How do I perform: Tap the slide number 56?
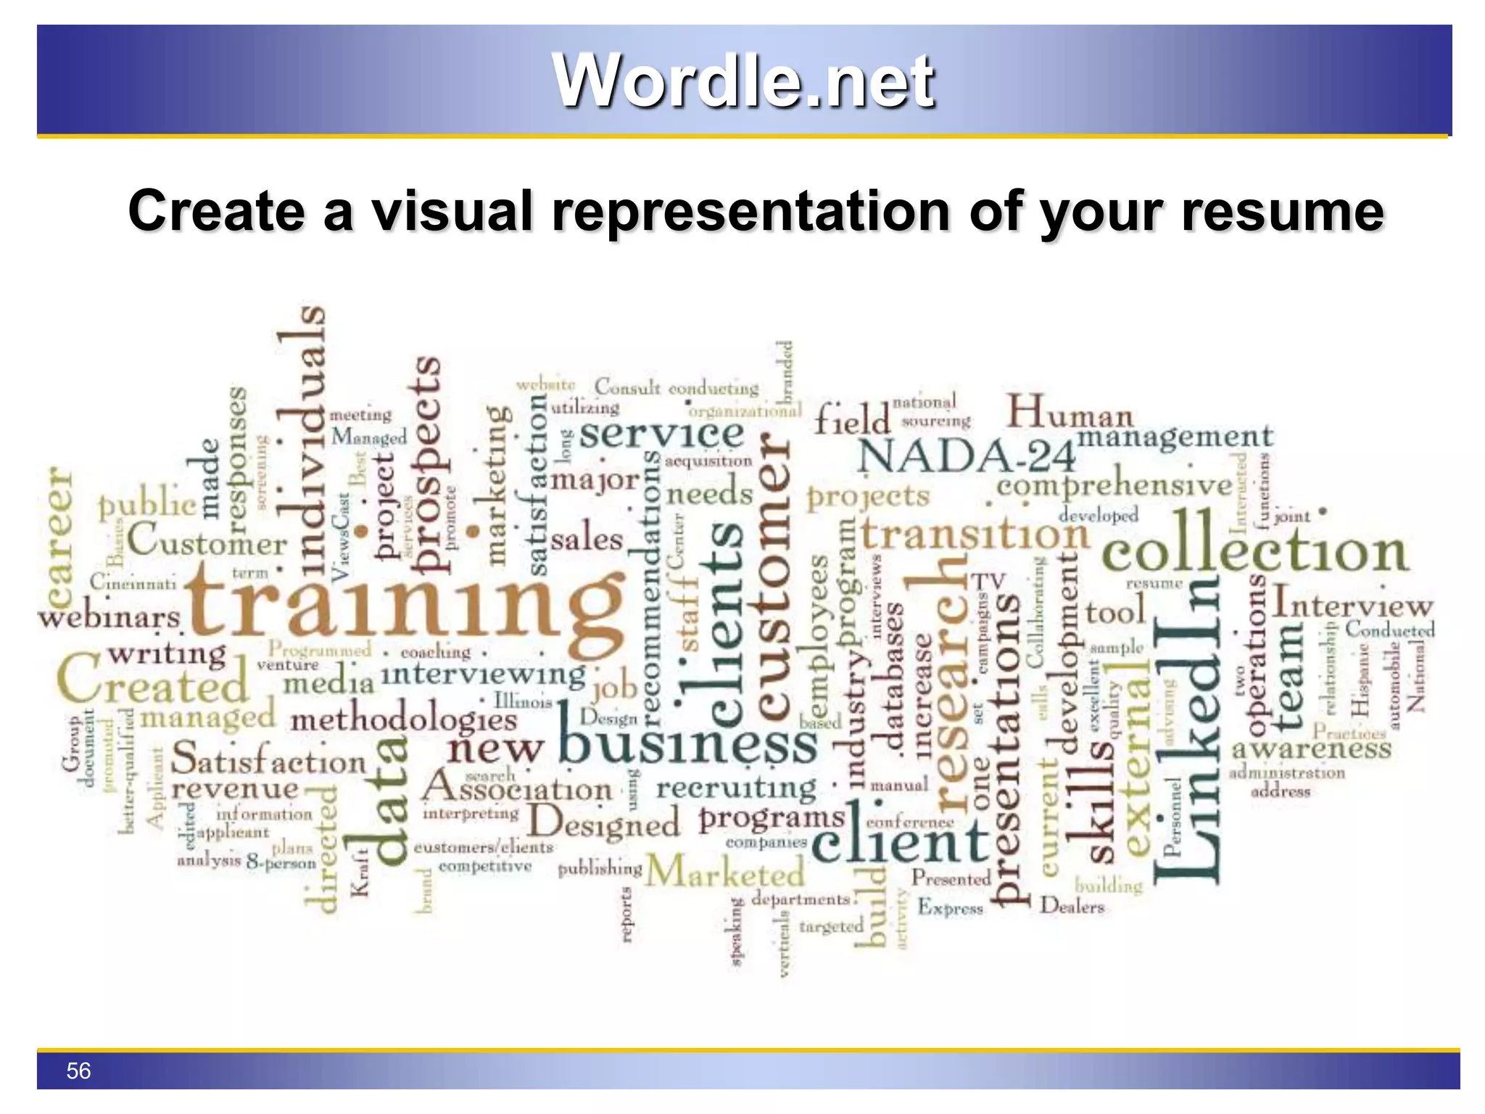click(x=78, y=1070)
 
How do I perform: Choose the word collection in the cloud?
click(x=1254, y=550)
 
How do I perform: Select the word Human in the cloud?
click(x=1070, y=413)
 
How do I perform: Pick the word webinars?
click(x=109, y=618)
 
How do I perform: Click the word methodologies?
click(x=403, y=721)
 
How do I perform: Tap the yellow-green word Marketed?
click(x=725, y=872)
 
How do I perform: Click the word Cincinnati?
click(x=133, y=582)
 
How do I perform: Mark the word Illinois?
click(x=523, y=701)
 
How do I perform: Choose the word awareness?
click(x=1311, y=748)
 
